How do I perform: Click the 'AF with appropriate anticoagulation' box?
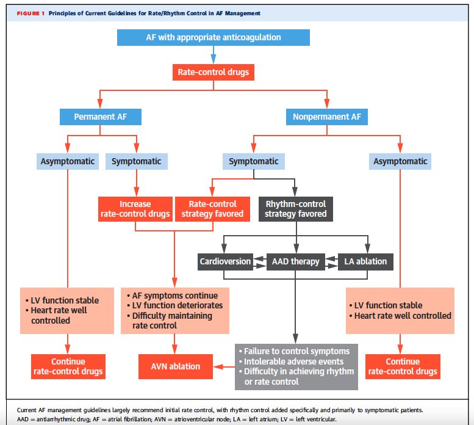214,37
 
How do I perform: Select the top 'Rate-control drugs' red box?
214,72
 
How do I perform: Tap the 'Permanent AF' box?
101,117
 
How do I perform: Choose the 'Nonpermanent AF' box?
327,117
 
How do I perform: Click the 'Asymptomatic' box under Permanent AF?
68,162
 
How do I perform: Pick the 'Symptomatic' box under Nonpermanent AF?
254,162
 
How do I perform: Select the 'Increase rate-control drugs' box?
135,209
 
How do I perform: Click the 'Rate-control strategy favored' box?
212,209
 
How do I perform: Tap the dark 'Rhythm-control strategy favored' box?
296,209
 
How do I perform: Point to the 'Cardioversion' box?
225,261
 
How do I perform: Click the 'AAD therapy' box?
296,261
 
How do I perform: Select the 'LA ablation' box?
365,261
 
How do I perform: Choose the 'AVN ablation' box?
176,366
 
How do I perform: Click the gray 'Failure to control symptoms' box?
296,366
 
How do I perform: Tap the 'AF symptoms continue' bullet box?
174,311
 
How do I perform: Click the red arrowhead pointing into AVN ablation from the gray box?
218,366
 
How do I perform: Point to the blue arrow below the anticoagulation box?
214,55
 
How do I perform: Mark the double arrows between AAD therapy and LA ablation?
332,262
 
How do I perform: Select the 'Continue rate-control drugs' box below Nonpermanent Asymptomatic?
403,366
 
